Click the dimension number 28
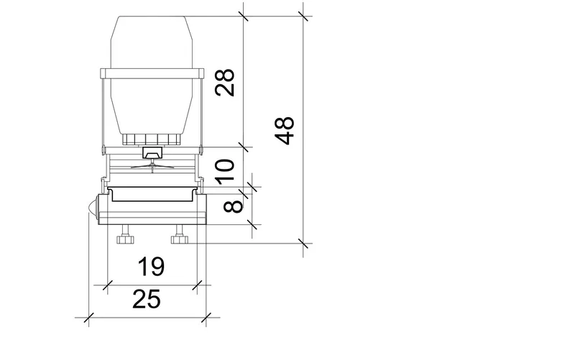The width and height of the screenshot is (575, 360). [225, 83]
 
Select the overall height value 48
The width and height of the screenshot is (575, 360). [285, 131]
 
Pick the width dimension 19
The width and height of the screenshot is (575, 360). [151, 267]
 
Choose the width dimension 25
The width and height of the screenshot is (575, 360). [147, 299]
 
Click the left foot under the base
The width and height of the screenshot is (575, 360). [125, 235]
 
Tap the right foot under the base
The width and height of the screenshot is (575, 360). [180, 235]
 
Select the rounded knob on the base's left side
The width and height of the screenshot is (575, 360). [93, 208]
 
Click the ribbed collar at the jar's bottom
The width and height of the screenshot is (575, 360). [152, 139]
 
